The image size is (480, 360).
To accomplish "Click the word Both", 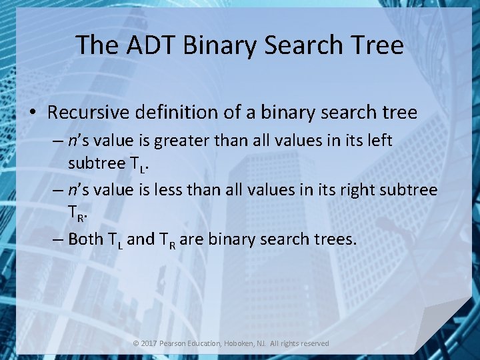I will pyautogui.click(x=86, y=239).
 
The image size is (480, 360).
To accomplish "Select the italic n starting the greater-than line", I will pyautogui.click(x=72, y=141).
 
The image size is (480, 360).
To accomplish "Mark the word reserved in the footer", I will pyautogui.click(x=313, y=343).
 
